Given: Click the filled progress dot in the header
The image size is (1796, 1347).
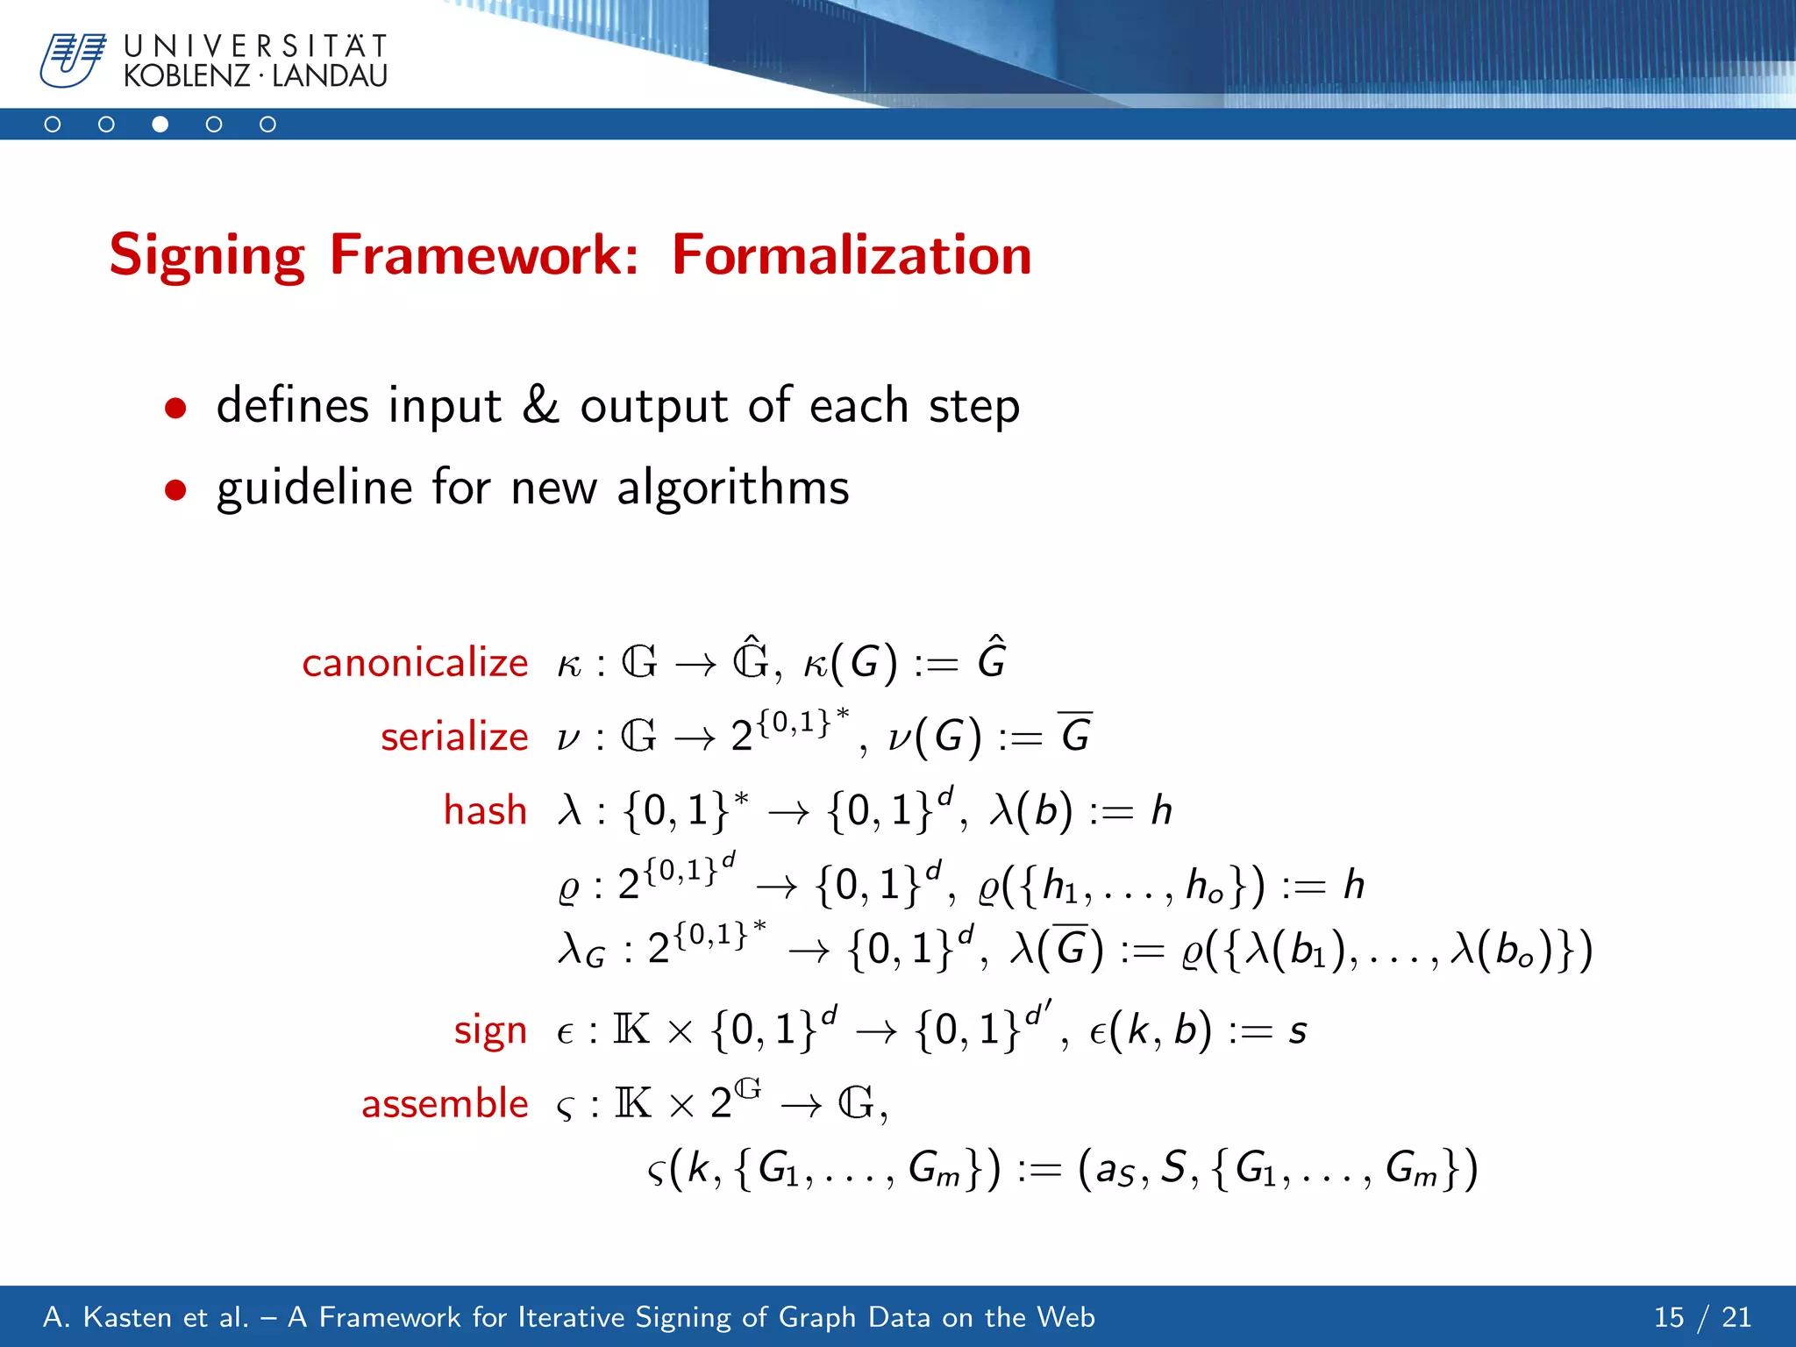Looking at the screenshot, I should [160, 125].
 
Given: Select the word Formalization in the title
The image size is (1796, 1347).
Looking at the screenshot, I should [852, 255].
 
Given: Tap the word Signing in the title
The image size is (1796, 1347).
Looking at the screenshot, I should [207, 255].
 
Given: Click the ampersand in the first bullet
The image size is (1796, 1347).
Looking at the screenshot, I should [540, 405].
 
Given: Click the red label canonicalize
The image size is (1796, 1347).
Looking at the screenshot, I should [415, 662].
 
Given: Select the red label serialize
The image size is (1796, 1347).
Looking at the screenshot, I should [454, 737].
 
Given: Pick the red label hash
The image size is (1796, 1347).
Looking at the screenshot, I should [485, 810].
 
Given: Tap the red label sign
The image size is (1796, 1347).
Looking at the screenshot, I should [490, 1030].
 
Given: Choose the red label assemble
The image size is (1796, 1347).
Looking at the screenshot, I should [445, 1103].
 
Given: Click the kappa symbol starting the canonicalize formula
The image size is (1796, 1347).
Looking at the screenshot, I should [569, 665].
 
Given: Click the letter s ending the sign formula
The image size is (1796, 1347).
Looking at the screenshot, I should [1298, 1032].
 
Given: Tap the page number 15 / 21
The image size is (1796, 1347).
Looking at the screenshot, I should [1702, 1317].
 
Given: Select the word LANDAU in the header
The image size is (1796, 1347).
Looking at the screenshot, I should [330, 76].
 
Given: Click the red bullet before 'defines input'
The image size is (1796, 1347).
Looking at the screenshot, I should [175, 408].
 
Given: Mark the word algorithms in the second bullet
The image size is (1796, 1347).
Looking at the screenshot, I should [733, 488].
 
